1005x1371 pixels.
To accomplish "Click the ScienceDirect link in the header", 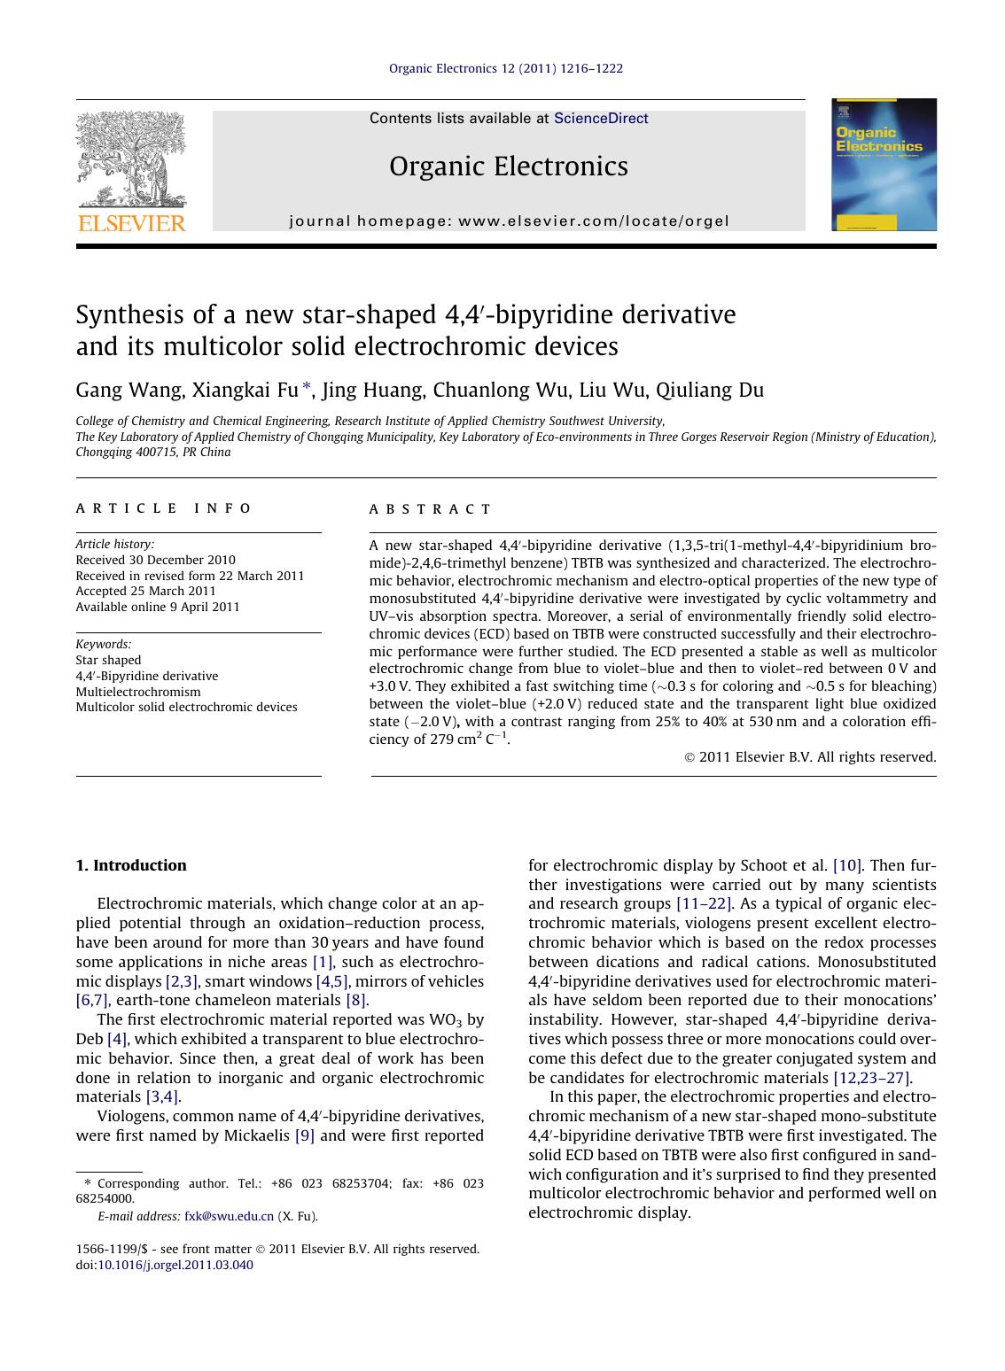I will point(600,119).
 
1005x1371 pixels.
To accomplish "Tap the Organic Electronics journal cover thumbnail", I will point(884,165).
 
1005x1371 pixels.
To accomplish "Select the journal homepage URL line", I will point(509,221).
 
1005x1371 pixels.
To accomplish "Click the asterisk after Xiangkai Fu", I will point(307,387).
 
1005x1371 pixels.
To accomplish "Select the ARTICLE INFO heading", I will point(164,508).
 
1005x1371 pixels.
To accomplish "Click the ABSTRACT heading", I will point(430,509).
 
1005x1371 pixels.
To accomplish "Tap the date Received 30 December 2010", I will point(155,560).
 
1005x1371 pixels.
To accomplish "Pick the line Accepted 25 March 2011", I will point(145,591).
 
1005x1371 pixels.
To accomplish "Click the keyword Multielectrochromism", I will point(138,692).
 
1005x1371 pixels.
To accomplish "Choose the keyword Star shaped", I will point(108,660).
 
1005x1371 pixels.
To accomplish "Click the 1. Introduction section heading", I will point(131,865).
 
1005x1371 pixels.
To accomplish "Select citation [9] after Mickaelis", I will point(304,1135).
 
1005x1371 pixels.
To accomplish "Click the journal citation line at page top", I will point(506,68).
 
